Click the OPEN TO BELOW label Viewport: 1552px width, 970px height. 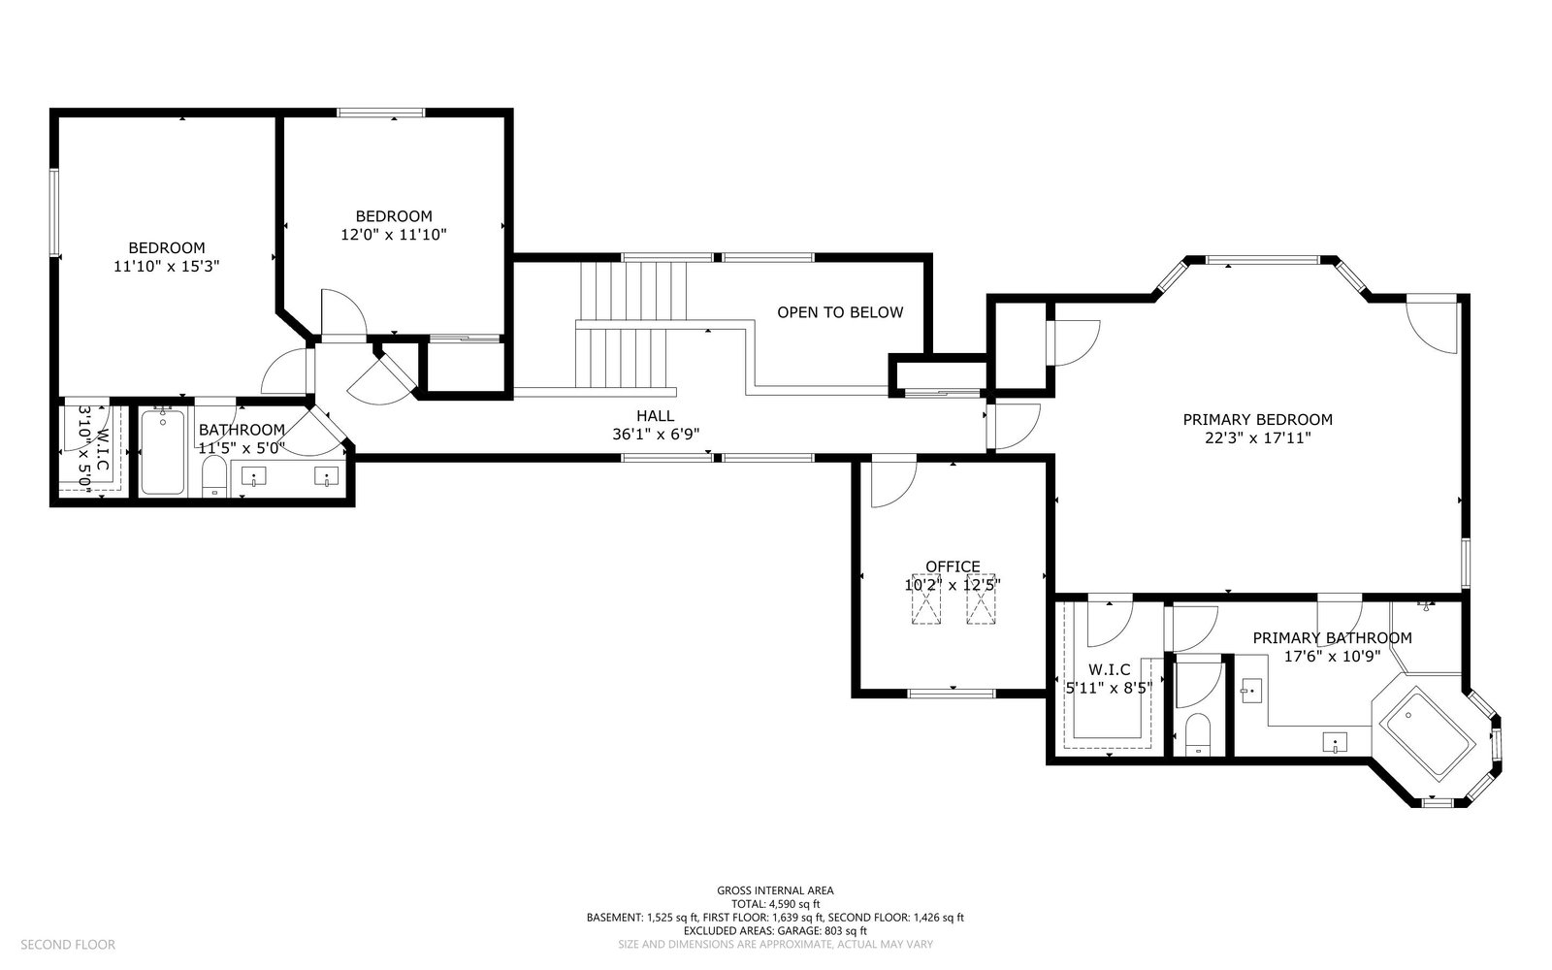(840, 312)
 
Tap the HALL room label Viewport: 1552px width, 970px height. (655, 416)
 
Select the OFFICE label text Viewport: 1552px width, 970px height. (953, 566)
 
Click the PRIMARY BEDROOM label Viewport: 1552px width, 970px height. (1257, 420)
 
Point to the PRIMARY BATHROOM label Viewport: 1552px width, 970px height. (1332, 638)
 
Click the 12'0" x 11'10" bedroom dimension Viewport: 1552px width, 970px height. (394, 235)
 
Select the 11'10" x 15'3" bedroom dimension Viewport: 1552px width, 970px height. (166, 266)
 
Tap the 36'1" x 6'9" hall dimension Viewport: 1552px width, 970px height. (656, 435)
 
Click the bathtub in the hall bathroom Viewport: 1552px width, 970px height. (163, 452)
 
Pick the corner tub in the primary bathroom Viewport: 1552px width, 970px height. (1427, 734)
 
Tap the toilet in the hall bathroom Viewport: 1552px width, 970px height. (214, 475)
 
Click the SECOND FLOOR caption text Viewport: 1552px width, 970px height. (68, 945)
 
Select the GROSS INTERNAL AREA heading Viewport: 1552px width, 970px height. (775, 891)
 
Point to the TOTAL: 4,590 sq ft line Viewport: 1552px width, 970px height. (775, 904)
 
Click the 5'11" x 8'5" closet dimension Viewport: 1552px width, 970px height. (1109, 688)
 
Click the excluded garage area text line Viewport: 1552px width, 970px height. (775, 931)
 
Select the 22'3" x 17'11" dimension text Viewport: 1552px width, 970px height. (1257, 438)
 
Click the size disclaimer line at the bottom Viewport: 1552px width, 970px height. (775, 945)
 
